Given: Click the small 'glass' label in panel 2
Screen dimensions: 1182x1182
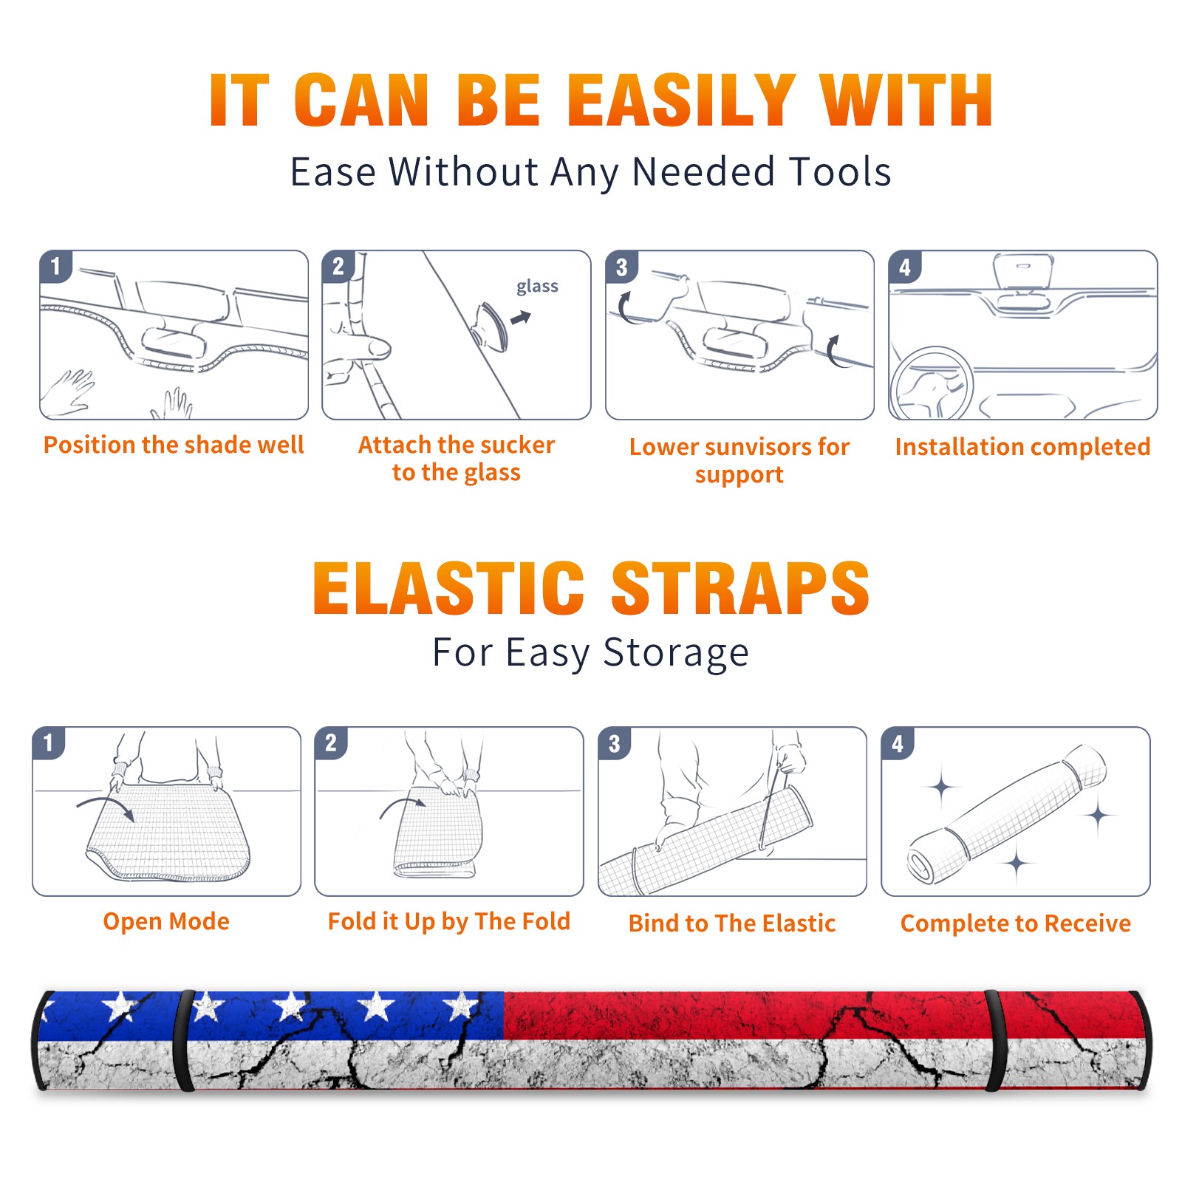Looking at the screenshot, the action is click(x=537, y=287).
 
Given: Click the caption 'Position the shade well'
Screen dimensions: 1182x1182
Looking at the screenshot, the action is click(x=174, y=445).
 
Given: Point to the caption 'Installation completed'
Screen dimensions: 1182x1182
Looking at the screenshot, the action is click(x=1022, y=446).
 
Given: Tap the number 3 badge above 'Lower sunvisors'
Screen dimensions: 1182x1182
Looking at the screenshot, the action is click(x=621, y=267).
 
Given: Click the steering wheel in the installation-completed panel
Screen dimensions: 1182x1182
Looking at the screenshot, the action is click(x=931, y=384).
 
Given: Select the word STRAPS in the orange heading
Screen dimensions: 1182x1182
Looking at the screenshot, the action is click(x=740, y=588).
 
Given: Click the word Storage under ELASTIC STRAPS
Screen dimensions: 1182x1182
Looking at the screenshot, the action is click(x=676, y=653).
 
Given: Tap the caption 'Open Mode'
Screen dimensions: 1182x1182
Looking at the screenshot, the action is click(x=166, y=921).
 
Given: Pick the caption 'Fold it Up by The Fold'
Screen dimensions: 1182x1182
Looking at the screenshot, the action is click(x=449, y=921).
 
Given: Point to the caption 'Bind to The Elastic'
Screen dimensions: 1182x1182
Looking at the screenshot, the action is click(x=732, y=923).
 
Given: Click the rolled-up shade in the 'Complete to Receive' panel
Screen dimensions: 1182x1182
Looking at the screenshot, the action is click(x=1007, y=815).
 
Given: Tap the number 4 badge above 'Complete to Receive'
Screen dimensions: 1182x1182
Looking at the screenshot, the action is click(x=898, y=743).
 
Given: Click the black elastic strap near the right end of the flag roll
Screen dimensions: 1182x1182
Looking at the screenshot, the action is click(x=995, y=1041).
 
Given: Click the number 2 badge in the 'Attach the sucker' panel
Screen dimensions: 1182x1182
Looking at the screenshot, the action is click(x=338, y=267).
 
